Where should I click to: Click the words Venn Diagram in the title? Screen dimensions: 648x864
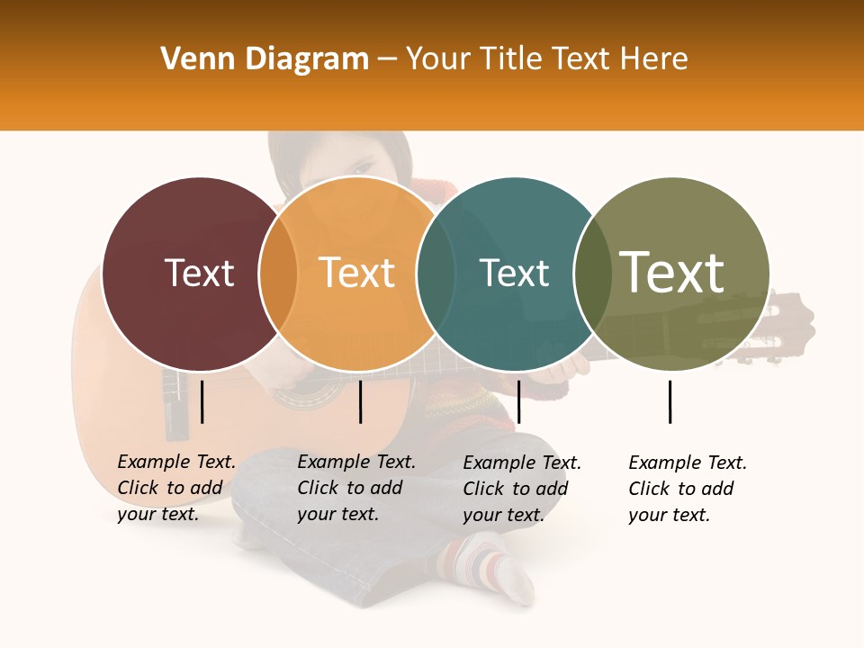265,59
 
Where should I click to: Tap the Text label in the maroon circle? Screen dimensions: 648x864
199,273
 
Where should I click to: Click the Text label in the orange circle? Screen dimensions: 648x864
357,273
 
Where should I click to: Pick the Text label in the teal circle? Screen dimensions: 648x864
514,273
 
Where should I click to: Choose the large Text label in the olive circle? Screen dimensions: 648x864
671,273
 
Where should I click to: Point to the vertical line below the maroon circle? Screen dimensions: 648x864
202,401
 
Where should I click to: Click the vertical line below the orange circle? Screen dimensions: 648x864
360,401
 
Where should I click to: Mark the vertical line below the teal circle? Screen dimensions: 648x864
518,401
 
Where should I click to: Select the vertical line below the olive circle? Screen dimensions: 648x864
670,401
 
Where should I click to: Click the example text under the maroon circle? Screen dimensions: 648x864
176,488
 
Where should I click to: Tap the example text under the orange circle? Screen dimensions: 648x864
356,488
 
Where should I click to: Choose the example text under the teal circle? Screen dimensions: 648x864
522,489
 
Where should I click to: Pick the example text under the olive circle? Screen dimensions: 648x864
688,489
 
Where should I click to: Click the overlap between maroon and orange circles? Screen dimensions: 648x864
278,274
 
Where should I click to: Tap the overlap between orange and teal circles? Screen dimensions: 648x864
436,274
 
